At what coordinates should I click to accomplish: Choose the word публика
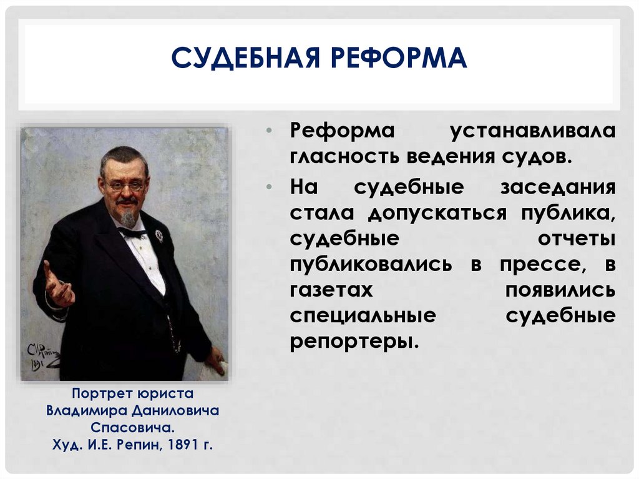coord(565,212)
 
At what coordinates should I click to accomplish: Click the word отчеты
coord(576,239)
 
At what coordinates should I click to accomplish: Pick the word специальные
coord(363,315)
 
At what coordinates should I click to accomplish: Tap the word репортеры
coord(353,341)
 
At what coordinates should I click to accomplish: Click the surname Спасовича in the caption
coord(132,428)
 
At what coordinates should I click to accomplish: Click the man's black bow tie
coord(132,232)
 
